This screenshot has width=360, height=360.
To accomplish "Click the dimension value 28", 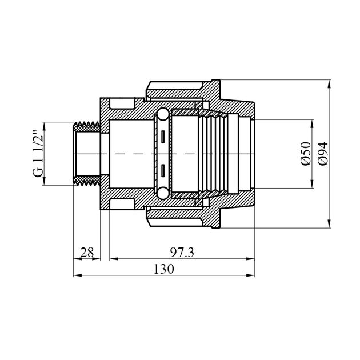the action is click(87, 253).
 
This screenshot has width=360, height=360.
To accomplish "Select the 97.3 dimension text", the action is click(182, 253).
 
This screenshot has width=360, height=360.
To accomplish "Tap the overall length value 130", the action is click(163, 269).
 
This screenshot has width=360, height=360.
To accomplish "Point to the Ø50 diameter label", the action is click(306, 154).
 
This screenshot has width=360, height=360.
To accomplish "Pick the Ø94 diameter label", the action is click(323, 154).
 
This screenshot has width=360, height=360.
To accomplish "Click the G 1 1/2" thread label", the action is click(38, 154).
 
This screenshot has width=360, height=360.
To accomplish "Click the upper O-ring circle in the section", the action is click(163, 114).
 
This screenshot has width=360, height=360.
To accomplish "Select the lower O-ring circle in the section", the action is click(163, 193).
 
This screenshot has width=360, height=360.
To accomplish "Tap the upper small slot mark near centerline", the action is click(163, 137).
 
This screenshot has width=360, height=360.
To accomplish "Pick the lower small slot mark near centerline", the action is click(163, 171).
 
